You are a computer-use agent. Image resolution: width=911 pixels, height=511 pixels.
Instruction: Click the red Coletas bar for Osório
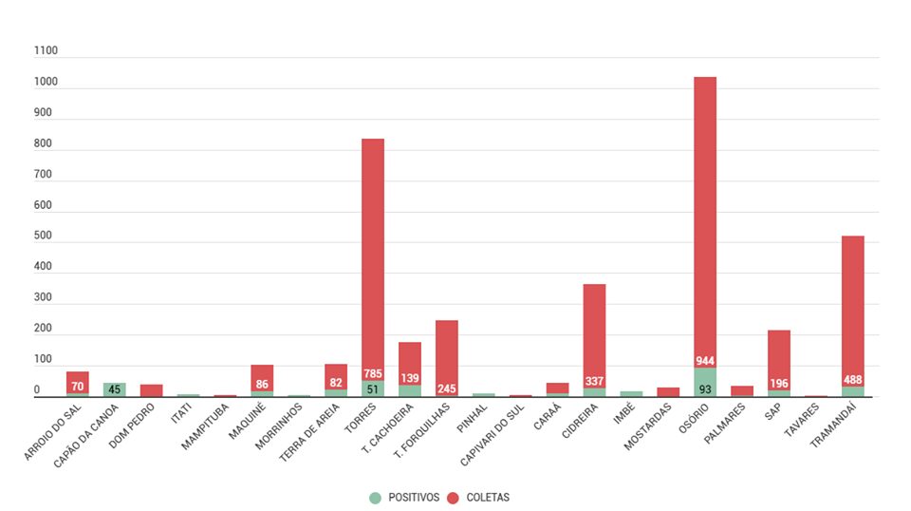(705, 218)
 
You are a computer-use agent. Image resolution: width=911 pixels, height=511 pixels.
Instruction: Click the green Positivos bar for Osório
(705, 383)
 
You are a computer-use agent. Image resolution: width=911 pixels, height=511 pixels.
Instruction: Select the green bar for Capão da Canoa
(115, 389)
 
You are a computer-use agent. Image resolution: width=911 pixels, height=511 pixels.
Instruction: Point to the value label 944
(705, 361)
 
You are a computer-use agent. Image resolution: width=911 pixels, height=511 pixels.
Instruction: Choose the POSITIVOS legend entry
(405, 497)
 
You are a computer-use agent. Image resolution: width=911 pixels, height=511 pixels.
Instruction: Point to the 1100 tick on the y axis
(46, 51)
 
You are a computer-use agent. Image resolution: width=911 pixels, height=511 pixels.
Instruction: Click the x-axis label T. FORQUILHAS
(424, 432)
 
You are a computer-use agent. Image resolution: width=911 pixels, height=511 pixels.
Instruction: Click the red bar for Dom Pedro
(152, 390)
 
